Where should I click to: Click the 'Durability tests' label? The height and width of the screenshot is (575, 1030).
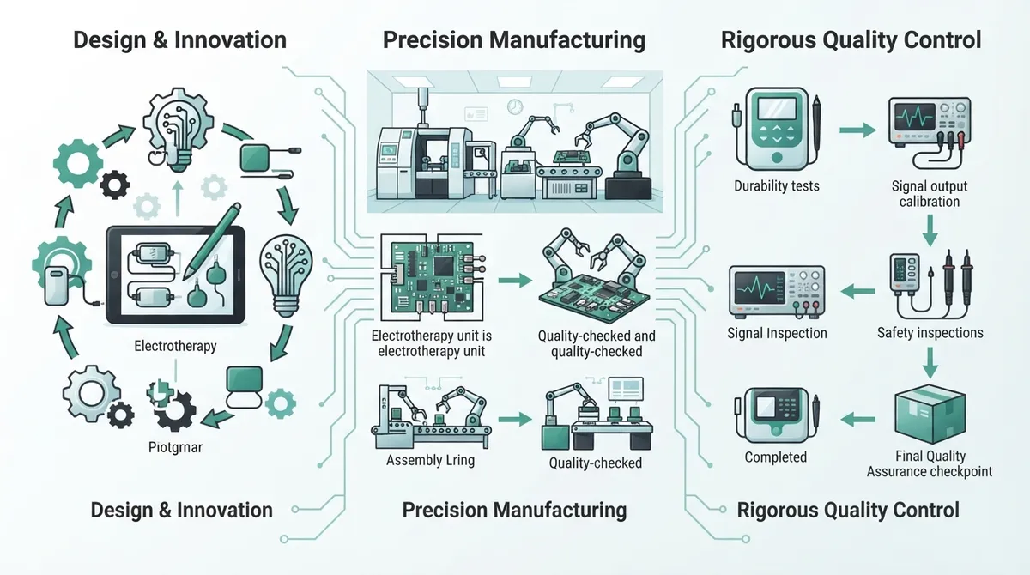pyautogui.click(x=777, y=185)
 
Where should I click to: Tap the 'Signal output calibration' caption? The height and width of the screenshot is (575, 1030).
pyautogui.click(x=930, y=193)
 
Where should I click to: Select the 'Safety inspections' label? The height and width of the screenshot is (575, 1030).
pyautogui.click(x=930, y=332)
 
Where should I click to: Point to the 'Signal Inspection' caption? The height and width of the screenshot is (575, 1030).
pyautogui.click(x=777, y=333)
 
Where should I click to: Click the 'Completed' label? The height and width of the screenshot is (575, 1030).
pyautogui.click(x=776, y=457)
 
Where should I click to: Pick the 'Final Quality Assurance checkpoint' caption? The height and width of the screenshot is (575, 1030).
pyautogui.click(x=930, y=463)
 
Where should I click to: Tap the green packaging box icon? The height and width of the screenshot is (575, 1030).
pyautogui.click(x=930, y=415)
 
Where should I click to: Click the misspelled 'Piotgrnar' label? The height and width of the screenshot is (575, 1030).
pyautogui.click(x=175, y=447)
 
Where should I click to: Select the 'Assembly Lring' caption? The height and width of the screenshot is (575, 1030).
pyautogui.click(x=430, y=460)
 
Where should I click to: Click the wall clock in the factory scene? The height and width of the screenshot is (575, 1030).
pyautogui.click(x=515, y=107)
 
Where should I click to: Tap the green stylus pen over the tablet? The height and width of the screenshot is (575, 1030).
pyautogui.click(x=212, y=241)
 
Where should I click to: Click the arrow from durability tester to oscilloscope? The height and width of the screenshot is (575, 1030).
pyautogui.click(x=857, y=130)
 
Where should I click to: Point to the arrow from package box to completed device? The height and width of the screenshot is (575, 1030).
pyautogui.click(x=858, y=419)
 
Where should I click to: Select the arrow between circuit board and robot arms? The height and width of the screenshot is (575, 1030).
pyautogui.click(x=515, y=280)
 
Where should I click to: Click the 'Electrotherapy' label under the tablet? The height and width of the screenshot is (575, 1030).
pyautogui.click(x=175, y=346)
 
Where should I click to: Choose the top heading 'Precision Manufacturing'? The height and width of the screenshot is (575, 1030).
pyautogui.click(x=514, y=39)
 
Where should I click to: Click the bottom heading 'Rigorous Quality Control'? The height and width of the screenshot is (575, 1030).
pyautogui.click(x=848, y=510)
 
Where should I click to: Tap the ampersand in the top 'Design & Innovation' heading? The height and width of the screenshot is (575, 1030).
pyautogui.click(x=160, y=39)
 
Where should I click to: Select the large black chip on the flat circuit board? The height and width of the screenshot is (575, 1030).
pyautogui.click(x=443, y=265)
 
